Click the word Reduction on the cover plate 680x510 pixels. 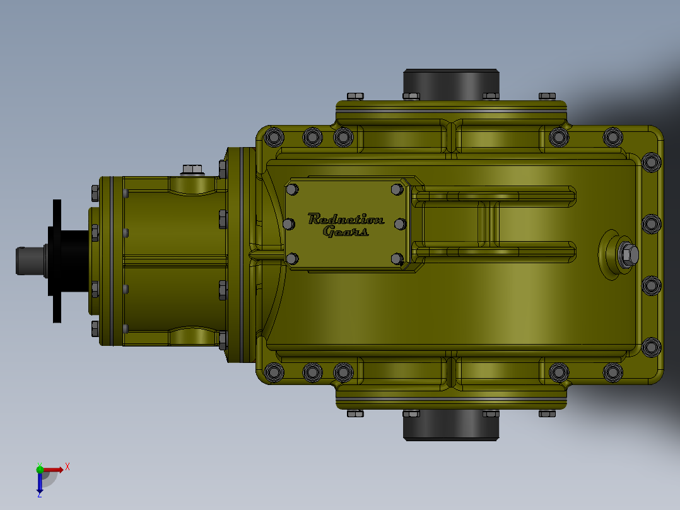point(346,219)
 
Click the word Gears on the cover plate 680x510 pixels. point(346,232)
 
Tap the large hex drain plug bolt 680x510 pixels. point(628,254)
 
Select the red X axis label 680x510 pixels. point(67,467)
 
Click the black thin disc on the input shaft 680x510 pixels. point(57,261)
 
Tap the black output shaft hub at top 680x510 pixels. point(451,84)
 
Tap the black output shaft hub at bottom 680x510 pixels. point(451,425)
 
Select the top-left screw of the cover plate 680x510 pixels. point(292,189)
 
